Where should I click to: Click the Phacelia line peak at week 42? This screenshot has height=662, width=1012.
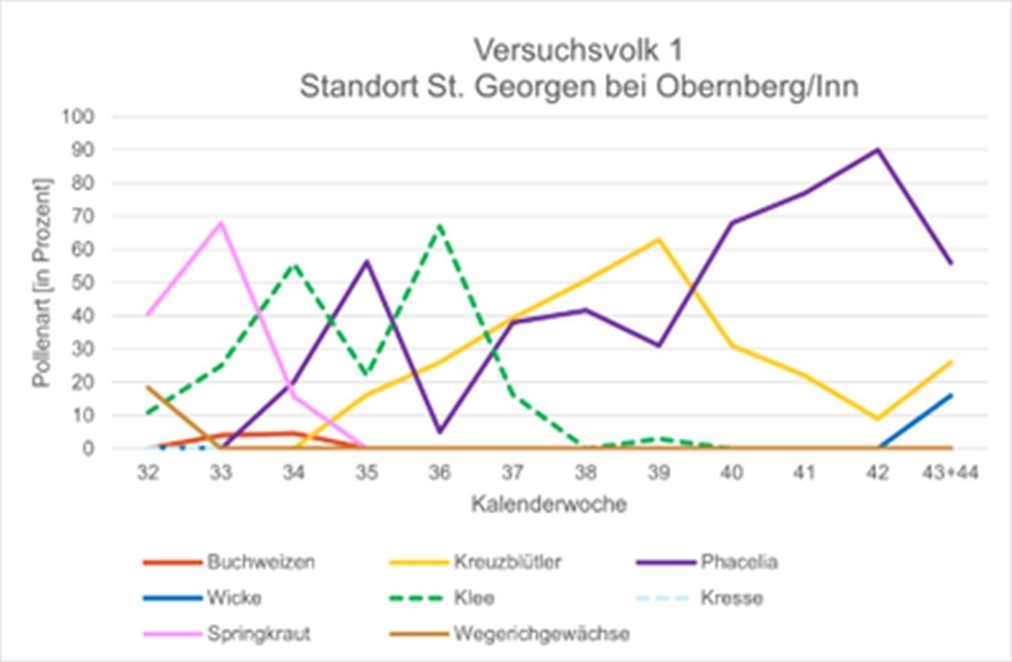pos(878,150)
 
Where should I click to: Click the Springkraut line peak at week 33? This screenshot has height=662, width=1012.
pos(221,223)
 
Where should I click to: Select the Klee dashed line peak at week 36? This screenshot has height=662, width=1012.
pos(439,224)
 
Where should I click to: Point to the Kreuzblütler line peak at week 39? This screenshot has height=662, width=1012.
pos(659,239)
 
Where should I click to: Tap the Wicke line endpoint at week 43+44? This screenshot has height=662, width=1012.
pos(951,395)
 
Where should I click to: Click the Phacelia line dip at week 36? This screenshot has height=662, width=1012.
pos(440,432)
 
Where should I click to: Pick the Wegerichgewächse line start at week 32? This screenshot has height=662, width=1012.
pos(148,387)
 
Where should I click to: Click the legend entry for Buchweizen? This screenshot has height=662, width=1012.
pos(260,562)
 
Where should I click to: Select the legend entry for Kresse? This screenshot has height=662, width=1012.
pos(731,598)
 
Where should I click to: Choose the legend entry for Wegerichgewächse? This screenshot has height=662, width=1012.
pos(541,633)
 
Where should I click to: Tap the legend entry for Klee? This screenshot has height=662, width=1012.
pos(474,598)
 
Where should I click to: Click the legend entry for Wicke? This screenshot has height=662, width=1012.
pos(234,598)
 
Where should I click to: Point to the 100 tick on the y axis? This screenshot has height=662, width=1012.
pos(78,117)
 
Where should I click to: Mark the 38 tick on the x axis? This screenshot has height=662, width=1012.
pos(586,472)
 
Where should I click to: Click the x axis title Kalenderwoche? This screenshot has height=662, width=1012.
pos(549,505)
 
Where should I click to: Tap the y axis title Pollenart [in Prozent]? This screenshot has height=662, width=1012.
pos(42,282)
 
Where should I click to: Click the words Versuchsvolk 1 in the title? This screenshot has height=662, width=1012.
pos(578,50)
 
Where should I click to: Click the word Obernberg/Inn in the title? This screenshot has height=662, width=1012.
pos(757,87)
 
